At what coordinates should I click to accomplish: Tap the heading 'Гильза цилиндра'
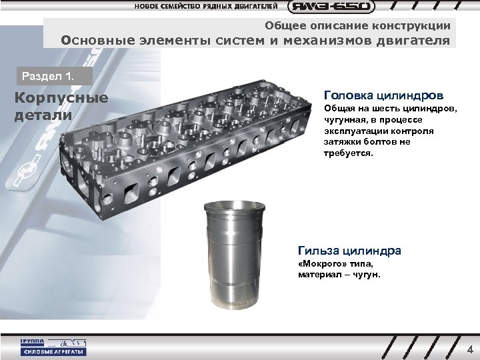[x=349, y=251]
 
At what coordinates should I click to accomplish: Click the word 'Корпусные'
[x=61, y=99]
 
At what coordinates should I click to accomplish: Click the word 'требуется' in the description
[x=349, y=153]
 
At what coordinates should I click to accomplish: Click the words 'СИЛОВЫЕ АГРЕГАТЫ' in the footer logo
[x=53, y=352]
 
